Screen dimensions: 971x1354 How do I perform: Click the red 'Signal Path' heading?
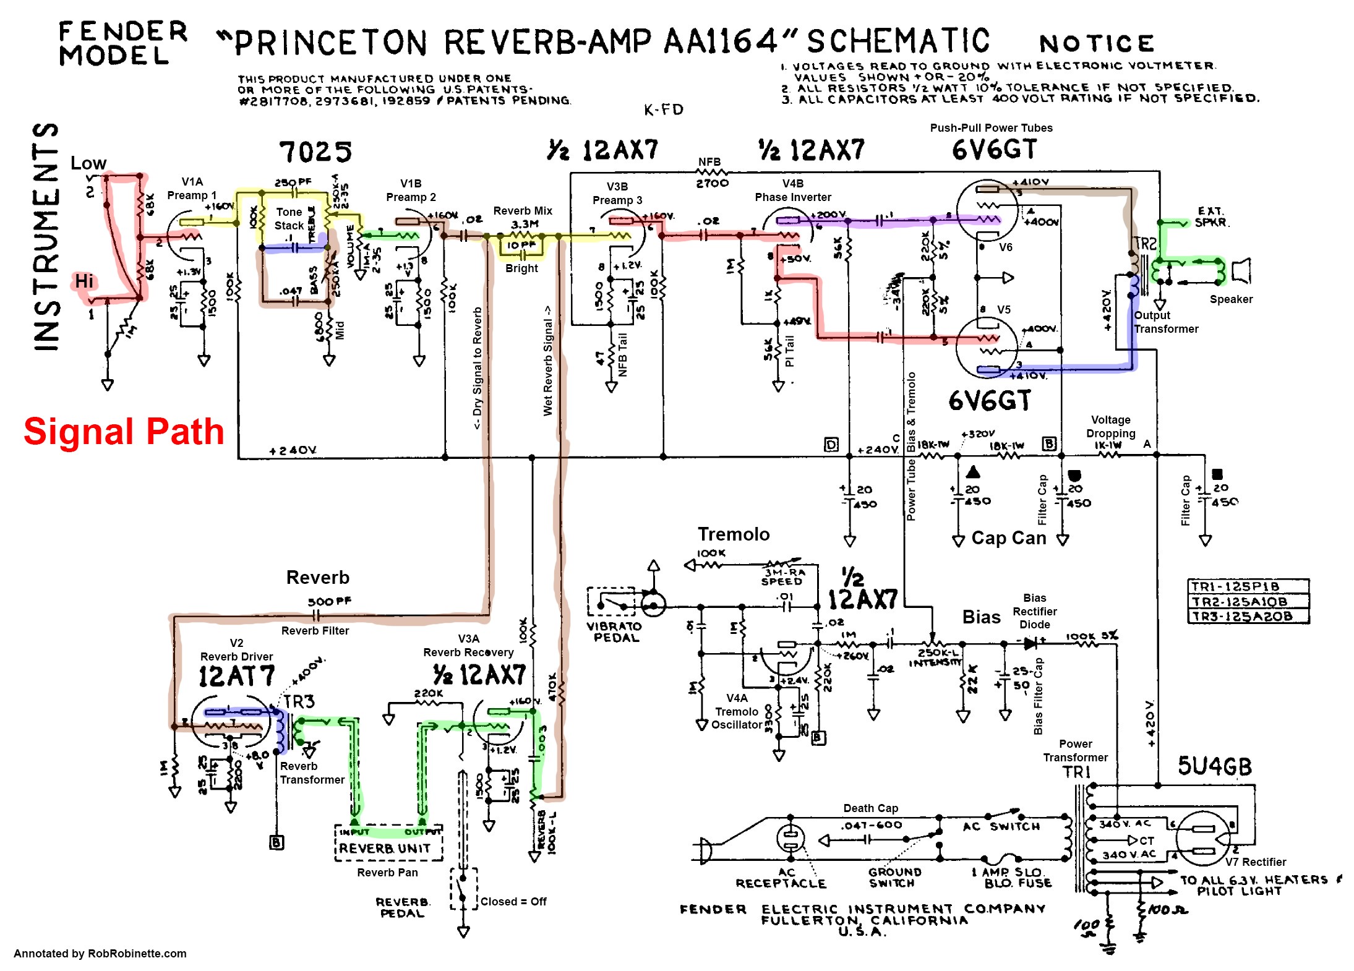(124, 431)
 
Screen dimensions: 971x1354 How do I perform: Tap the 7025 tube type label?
(315, 152)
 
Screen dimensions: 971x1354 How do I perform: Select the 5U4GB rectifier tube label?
(1214, 766)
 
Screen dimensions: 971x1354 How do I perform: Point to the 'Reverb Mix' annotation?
(523, 211)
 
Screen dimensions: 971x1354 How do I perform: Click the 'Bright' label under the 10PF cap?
(521, 268)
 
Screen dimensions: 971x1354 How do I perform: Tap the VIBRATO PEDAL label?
(614, 631)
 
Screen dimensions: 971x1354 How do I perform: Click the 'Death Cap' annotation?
(870, 808)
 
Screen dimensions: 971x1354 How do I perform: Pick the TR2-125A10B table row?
(1248, 601)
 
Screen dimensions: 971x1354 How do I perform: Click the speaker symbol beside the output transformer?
(1240, 271)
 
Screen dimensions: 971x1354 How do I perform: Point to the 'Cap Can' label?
(1008, 538)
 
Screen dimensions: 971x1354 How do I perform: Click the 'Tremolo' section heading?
(734, 534)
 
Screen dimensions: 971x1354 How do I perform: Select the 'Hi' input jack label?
(84, 281)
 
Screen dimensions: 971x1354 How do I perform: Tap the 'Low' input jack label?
(88, 163)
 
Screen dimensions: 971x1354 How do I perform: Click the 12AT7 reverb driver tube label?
(236, 677)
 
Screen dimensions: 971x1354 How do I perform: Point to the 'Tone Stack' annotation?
(289, 219)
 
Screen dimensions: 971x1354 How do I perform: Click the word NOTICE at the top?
(1096, 43)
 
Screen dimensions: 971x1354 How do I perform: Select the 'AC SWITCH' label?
(1001, 826)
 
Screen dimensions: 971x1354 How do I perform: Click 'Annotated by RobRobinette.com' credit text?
(100, 953)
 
